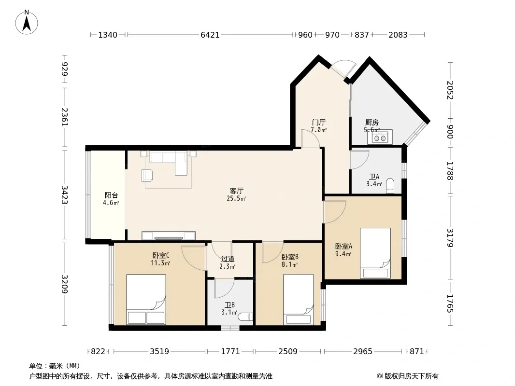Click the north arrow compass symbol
pyautogui.click(x=27, y=22)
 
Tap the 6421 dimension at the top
pyautogui.click(x=210, y=35)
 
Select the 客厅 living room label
pyautogui.click(x=236, y=191)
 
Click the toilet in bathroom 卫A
pyautogui.click(x=390, y=185)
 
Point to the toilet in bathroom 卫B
pyautogui.click(x=245, y=317)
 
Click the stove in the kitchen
pyautogui.click(x=380, y=138)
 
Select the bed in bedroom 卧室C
pyautogui.click(x=146, y=300)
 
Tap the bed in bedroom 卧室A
pyautogui.click(x=375, y=253)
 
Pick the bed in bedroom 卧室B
pyautogui.click(x=299, y=300)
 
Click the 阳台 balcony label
pyautogui.click(x=111, y=195)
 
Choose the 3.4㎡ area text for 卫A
pyautogui.click(x=374, y=184)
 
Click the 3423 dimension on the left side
pyautogui.click(x=64, y=195)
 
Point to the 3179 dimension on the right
pyautogui.click(x=450, y=238)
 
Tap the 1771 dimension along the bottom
pyautogui.click(x=230, y=352)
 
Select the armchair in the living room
pyautogui.click(x=147, y=175)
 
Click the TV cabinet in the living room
pyautogui.click(x=169, y=235)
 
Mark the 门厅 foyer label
pyautogui.click(x=318, y=123)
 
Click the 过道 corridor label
pyautogui.click(x=228, y=259)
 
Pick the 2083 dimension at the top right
pyautogui.click(x=398, y=35)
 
